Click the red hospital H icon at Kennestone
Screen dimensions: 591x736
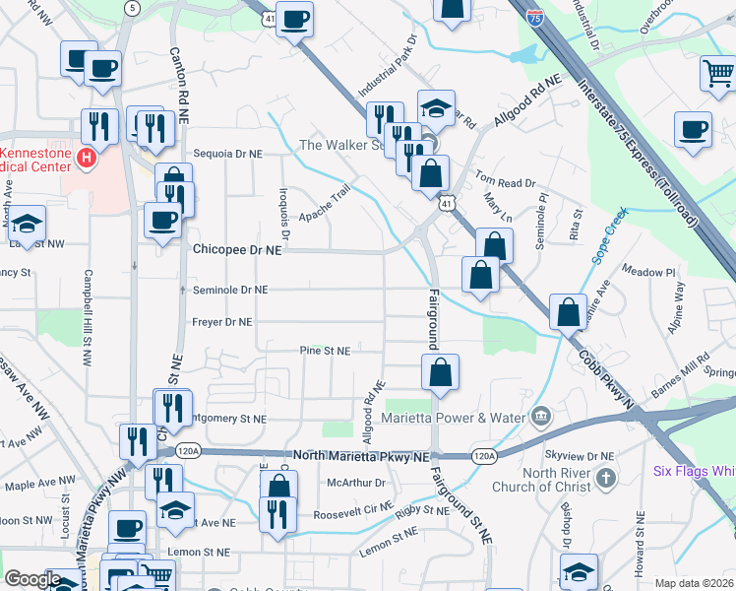[x=87, y=157]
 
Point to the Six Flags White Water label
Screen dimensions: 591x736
[x=695, y=471]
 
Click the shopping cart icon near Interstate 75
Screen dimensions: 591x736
[x=717, y=72]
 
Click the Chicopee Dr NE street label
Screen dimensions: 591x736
[x=237, y=251]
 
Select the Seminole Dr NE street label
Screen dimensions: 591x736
[x=229, y=290]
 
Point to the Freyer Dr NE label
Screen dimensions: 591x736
[x=222, y=321]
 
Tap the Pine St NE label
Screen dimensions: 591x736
[x=325, y=351]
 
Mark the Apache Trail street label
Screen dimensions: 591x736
[x=325, y=205]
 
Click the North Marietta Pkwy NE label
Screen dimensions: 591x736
[x=361, y=457]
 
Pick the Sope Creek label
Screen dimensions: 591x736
[x=608, y=238]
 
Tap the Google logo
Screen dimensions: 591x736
[x=32, y=579]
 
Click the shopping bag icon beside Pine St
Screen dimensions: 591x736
[x=440, y=372]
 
